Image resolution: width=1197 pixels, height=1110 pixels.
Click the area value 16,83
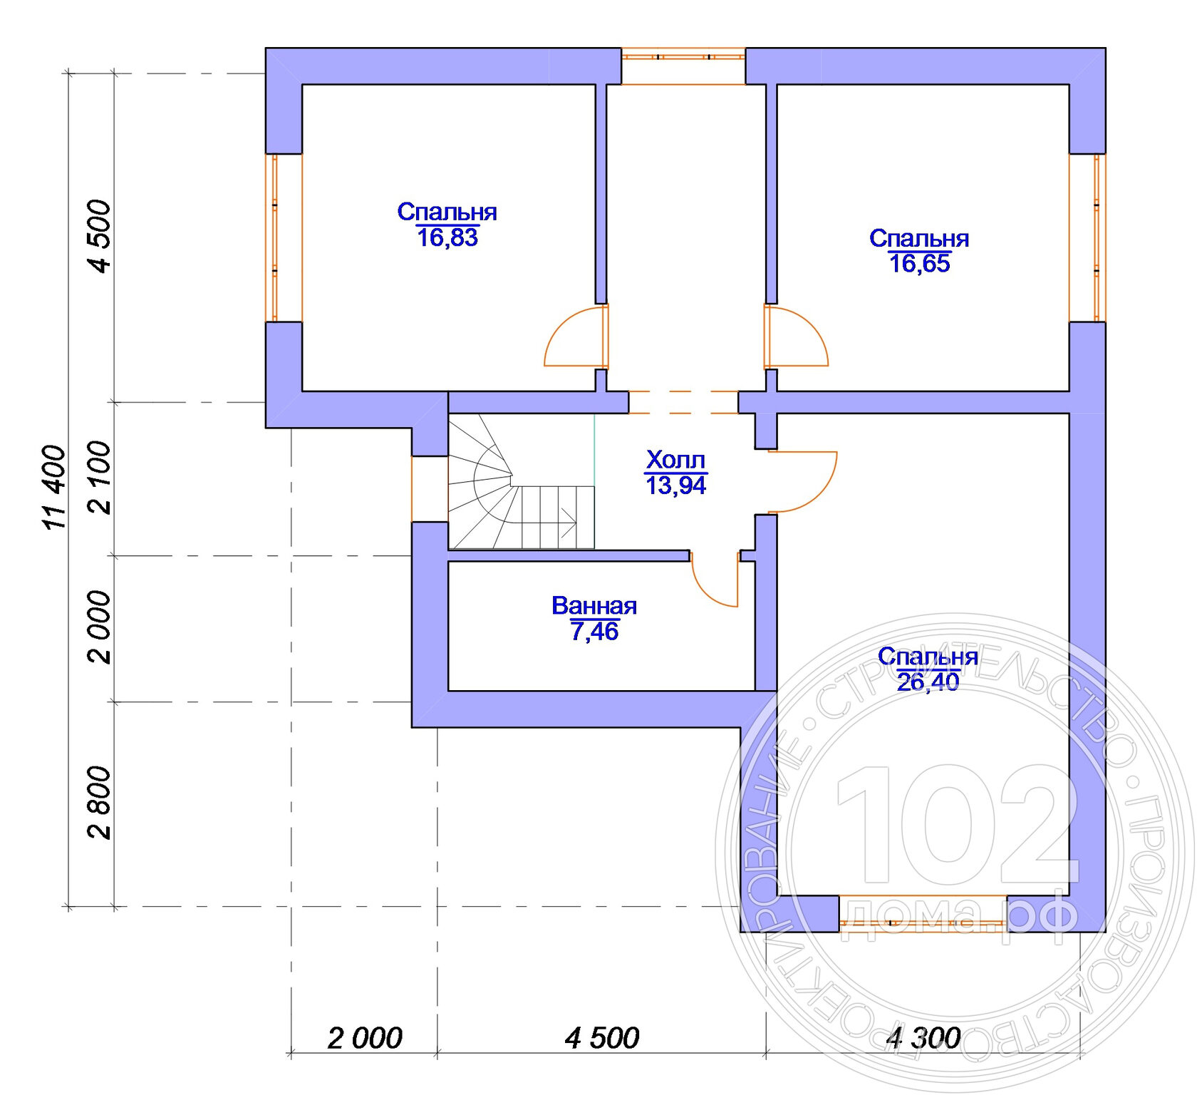coord(447,237)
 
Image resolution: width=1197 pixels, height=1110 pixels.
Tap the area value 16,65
coord(919,264)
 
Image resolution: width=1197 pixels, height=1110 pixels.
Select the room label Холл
coord(675,460)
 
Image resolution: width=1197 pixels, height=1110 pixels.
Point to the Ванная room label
coord(594,606)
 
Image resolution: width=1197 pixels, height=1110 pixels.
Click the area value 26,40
coord(928,682)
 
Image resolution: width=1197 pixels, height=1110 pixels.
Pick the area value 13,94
coord(675,486)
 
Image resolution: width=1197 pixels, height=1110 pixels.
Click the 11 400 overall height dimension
coord(55,488)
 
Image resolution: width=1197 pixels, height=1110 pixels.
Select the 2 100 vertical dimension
coord(100,478)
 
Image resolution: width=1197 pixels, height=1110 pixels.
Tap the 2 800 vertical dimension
coord(100,803)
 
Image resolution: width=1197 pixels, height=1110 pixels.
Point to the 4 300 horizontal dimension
coord(923,1038)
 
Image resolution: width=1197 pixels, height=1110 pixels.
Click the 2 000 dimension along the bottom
coord(365,1038)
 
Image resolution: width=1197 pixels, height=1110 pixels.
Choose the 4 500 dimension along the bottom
coord(602,1038)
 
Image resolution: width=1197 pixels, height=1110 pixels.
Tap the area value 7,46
coord(594,632)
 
